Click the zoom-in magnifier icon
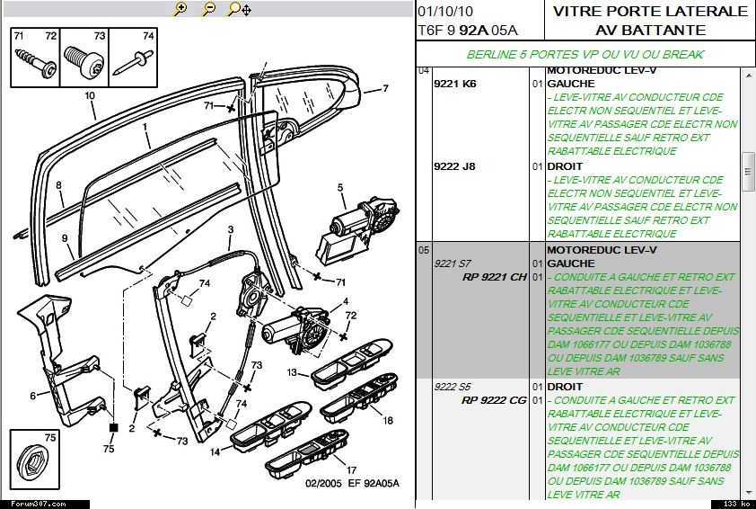pos(180,9)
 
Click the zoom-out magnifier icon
pos(208,9)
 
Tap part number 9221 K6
pos(454,84)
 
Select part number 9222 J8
pos(454,166)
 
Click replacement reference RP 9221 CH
pos(494,277)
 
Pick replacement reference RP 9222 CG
pos(494,400)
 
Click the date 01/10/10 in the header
pos(445,12)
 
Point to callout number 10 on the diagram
pos(90,94)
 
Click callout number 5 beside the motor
pos(341,188)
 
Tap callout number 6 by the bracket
pos(33,396)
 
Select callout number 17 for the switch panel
pos(351,469)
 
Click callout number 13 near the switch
pos(292,371)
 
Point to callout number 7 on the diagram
pos(385,88)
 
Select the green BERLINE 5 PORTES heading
pos(585,54)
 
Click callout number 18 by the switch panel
pos(388,420)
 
